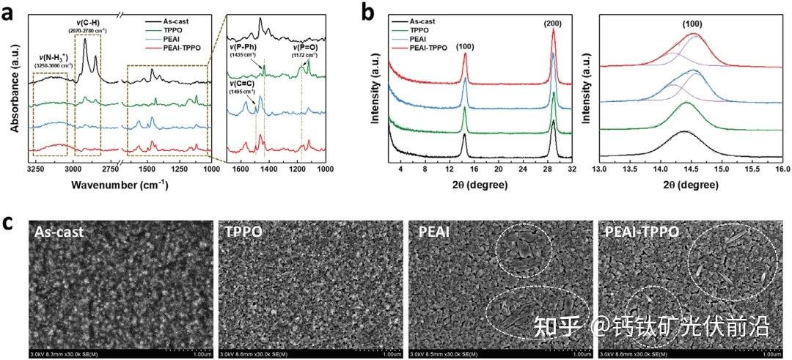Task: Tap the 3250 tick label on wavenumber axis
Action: (x=36, y=168)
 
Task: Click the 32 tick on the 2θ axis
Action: (x=572, y=168)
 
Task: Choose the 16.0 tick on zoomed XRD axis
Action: (x=782, y=168)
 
